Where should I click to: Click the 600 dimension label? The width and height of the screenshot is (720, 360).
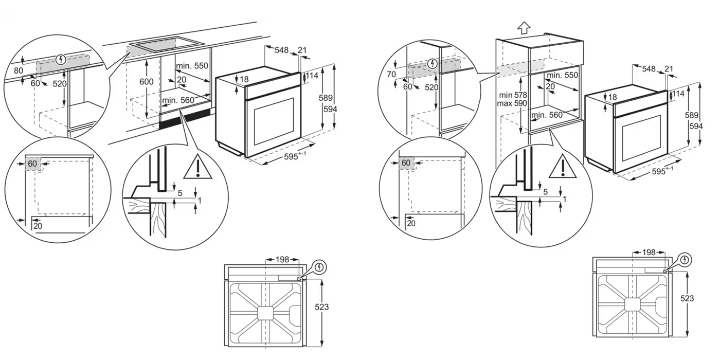pyautogui.click(x=146, y=82)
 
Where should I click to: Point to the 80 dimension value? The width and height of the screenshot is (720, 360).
pyautogui.click(x=19, y=70)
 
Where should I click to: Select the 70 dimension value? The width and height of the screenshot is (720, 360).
pyautogui.click(x=391, y=74)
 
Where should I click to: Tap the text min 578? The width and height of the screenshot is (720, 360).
pyautogui.click(x=513, y=95)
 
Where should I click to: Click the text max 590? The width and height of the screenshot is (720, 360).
pyautogui.click(x=512, y=103)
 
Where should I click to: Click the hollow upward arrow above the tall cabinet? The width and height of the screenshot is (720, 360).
pyautogui.click(x=524, y=28)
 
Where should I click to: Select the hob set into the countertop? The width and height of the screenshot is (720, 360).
pyautogui.click(x=167, y=45)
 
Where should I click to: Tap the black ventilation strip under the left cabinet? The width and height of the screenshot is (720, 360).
pyautogui.click(x=185, y=117)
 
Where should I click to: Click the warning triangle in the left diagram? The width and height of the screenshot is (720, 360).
pyautogui.click(x=197, y=167)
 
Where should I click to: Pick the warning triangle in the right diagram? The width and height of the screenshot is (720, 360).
pyautogui.click(x=563, y=166)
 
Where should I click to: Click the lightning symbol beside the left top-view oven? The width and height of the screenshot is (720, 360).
pyautogui.click(x=319, y=267)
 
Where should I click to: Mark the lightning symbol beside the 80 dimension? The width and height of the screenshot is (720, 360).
pyautogui.click(x=61, y=60)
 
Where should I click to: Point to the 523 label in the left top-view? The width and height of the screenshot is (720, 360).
pyautogui.click(x=322, y=308)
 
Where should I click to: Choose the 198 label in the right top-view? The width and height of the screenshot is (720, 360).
pyautogui.click(x=649, y=253)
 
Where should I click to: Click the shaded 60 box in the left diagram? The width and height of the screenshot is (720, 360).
pyautogui.click(x=32, y=164)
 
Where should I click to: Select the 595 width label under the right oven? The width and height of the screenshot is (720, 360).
pyautogui.click(x=662, y=171)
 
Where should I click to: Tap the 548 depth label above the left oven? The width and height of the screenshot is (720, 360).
pyautogui.click(x=281, y=50)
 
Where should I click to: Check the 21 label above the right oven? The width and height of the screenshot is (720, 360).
pyautogui.click(x=669, y=69)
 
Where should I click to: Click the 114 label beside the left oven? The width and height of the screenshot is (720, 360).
pyautogui.click(x=312, y=76)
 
